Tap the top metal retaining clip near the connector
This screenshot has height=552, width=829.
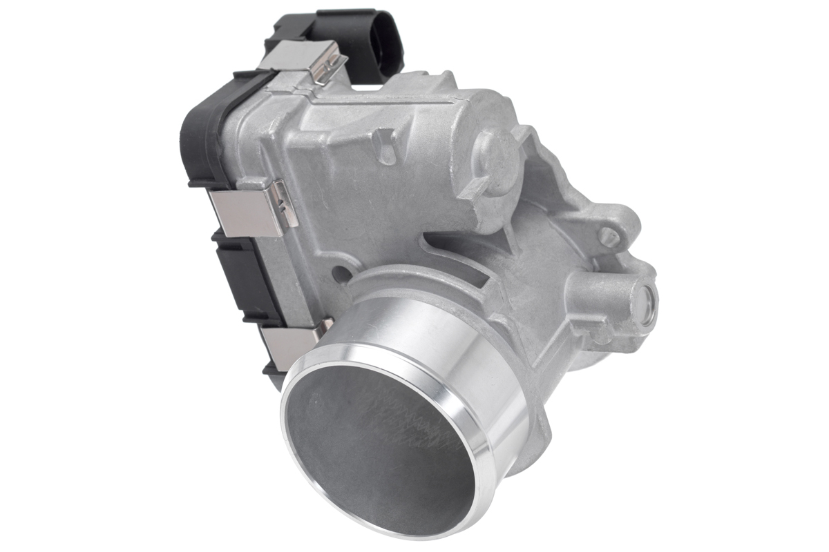click(297, 58)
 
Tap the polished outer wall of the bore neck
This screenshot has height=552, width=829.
click(442, 345)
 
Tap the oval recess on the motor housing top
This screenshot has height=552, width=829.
click(385, 148)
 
